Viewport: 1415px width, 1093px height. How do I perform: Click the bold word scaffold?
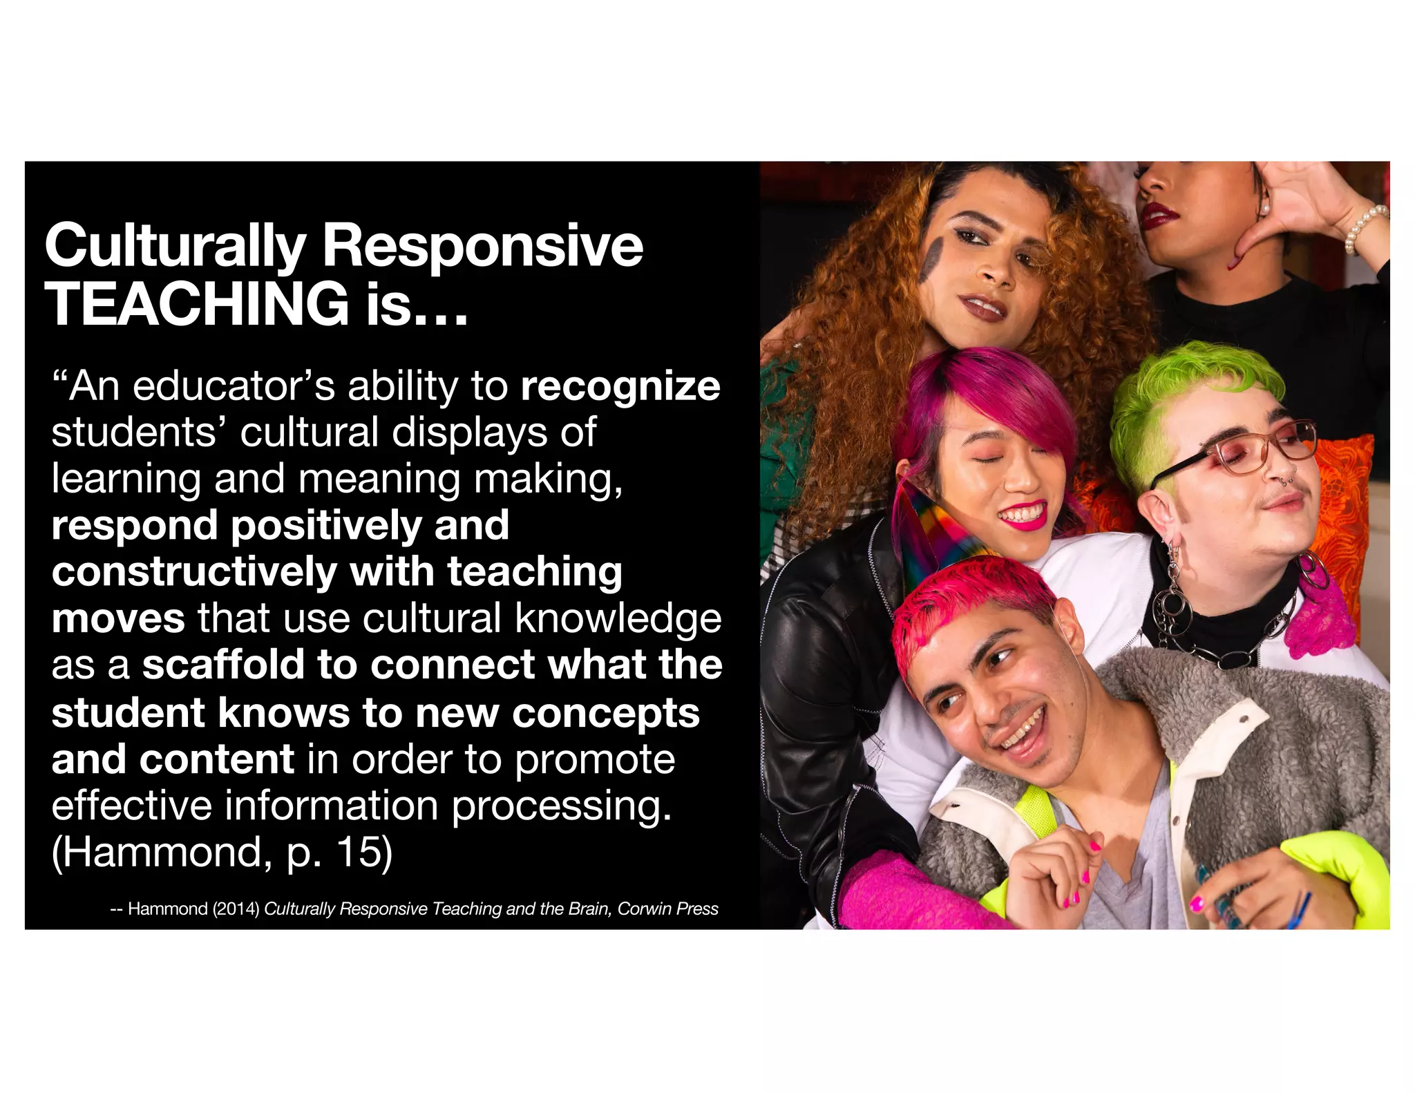[x=222, y=665]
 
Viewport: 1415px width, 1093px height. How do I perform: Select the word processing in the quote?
[x=560, y=806]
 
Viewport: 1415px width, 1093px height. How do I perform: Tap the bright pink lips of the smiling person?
[x=1024, y=516]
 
